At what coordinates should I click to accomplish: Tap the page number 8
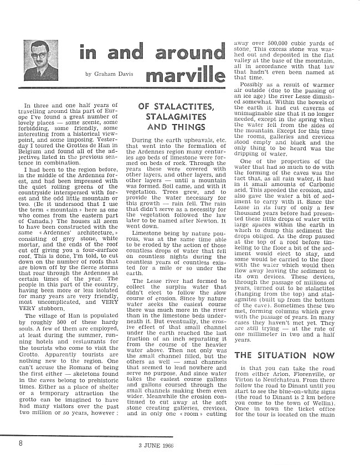pyautogui.click(x=20, y=443)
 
